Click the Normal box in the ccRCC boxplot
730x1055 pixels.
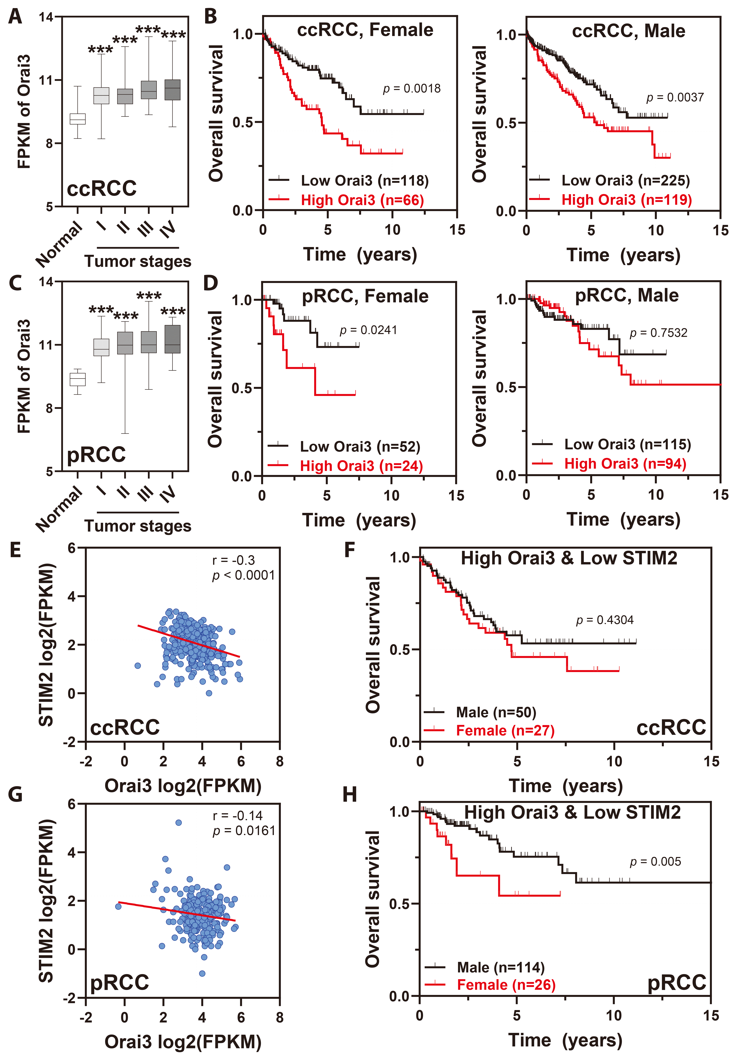[x=77, y=119]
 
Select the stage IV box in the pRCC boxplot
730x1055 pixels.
[x=172, y=339]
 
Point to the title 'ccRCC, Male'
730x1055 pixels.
[x=628, y=31]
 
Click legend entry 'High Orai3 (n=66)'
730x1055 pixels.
[x=362, y=200]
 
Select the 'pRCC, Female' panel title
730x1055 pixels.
[x=365, y=296]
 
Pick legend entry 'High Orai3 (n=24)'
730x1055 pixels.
[x=361, y=466]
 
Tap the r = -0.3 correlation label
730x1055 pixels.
[x=233, y=560]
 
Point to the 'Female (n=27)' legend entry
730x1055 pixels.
[x=505, y=731]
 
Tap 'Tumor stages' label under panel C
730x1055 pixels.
[x=138, y=526]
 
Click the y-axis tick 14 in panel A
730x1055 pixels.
[x=46, y=17]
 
